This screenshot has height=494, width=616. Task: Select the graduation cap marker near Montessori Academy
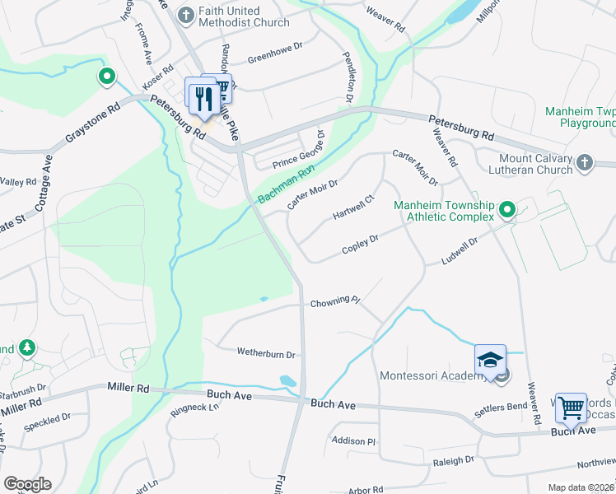489,361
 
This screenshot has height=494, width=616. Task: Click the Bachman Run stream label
286,185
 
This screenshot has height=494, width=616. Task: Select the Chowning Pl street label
336,303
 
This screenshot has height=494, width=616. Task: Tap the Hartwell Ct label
353,208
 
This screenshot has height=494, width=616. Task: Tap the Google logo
27,483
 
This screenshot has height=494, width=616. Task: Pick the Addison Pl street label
353,441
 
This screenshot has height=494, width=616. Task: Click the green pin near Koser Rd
106,77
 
